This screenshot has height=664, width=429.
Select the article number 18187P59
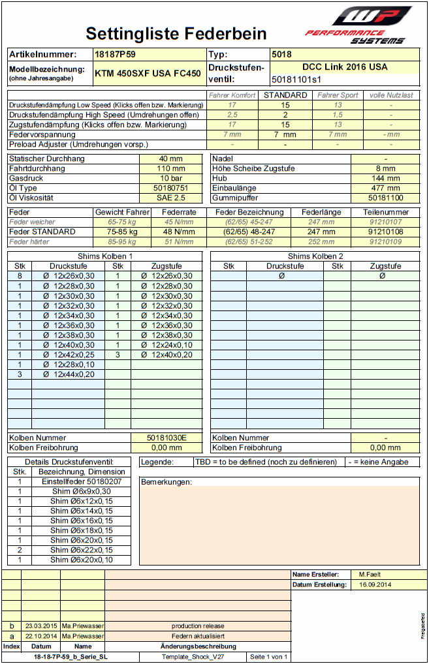tap(115, 55)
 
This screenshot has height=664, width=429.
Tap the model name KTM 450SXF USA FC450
tap(148, 74)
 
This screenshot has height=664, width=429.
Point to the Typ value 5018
tap(282, 55)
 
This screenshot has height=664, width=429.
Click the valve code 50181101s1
tap(296, 80)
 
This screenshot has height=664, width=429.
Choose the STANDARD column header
tap(285, 95)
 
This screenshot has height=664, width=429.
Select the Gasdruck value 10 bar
tap(171, 178)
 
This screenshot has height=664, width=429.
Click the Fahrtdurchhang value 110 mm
tap(171, 168)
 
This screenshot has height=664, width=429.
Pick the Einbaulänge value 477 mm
tap(385, 188)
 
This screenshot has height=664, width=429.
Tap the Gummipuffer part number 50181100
tap(385, 198)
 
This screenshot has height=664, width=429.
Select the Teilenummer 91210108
tap(385, 232)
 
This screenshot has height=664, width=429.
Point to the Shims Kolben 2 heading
tap(315, 256)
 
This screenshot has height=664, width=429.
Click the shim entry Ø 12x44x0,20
tap(69, 374)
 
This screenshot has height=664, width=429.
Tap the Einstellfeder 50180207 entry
tap(82, 481)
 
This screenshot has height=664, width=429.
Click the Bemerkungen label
tap(167, 482)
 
